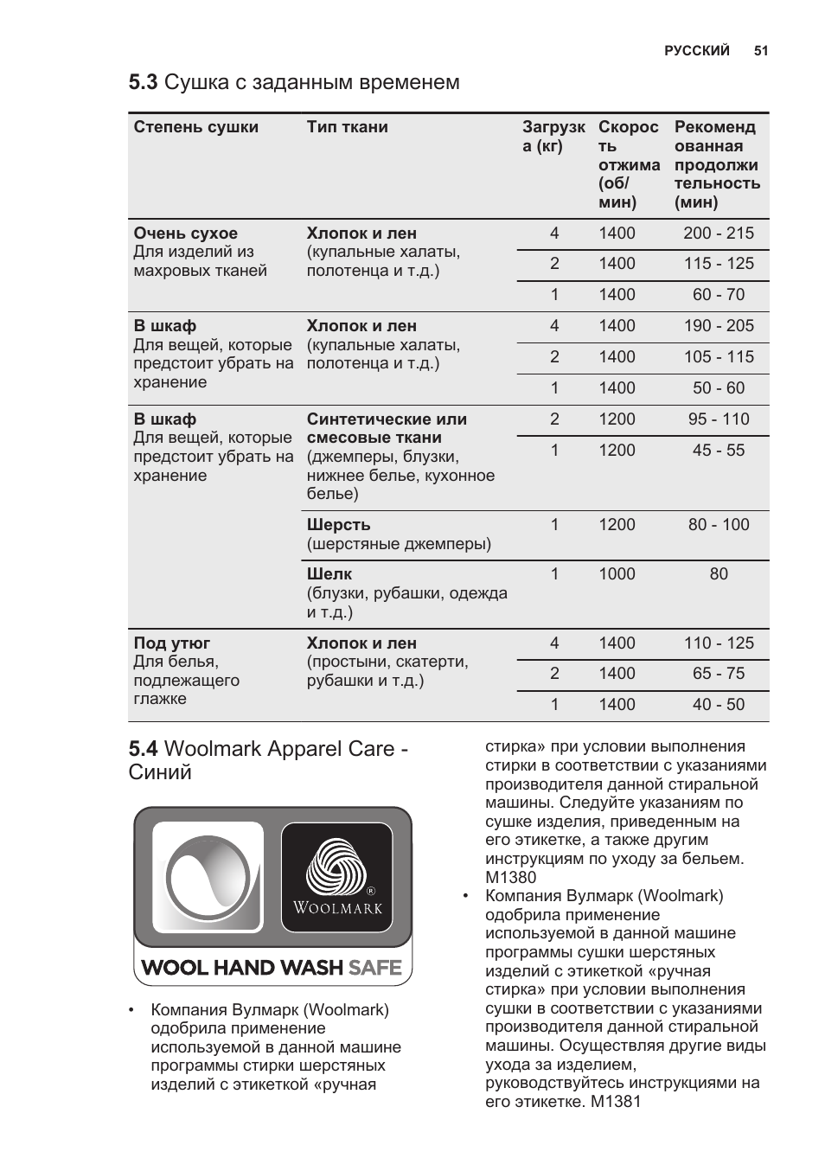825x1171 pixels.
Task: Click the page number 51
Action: (761, 51)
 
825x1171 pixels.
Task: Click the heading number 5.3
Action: (143, 82)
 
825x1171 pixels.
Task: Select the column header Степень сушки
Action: (196, 127)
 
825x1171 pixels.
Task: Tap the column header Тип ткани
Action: (348, 127)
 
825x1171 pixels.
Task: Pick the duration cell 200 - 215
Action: (719, 234)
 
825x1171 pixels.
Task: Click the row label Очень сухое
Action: (186, 234)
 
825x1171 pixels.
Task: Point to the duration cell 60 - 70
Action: (719, 295)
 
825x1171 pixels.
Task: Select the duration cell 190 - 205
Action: (719, 326)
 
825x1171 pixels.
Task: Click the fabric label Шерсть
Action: (339, 525)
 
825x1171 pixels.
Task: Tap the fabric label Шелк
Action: (329, 574)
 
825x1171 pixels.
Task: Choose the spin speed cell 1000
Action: (617, 574)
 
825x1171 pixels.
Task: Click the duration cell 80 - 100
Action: (719, 525)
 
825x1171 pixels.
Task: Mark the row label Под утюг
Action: (172, 643)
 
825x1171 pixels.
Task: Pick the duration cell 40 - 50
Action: (719, 705)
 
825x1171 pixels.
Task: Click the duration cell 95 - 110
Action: (719, 419)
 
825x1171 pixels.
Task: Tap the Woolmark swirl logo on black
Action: (337, 867)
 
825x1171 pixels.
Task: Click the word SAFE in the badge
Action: (375, 968)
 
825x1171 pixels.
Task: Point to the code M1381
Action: (617, 1102)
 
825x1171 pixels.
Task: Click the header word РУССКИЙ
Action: (697, 51)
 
